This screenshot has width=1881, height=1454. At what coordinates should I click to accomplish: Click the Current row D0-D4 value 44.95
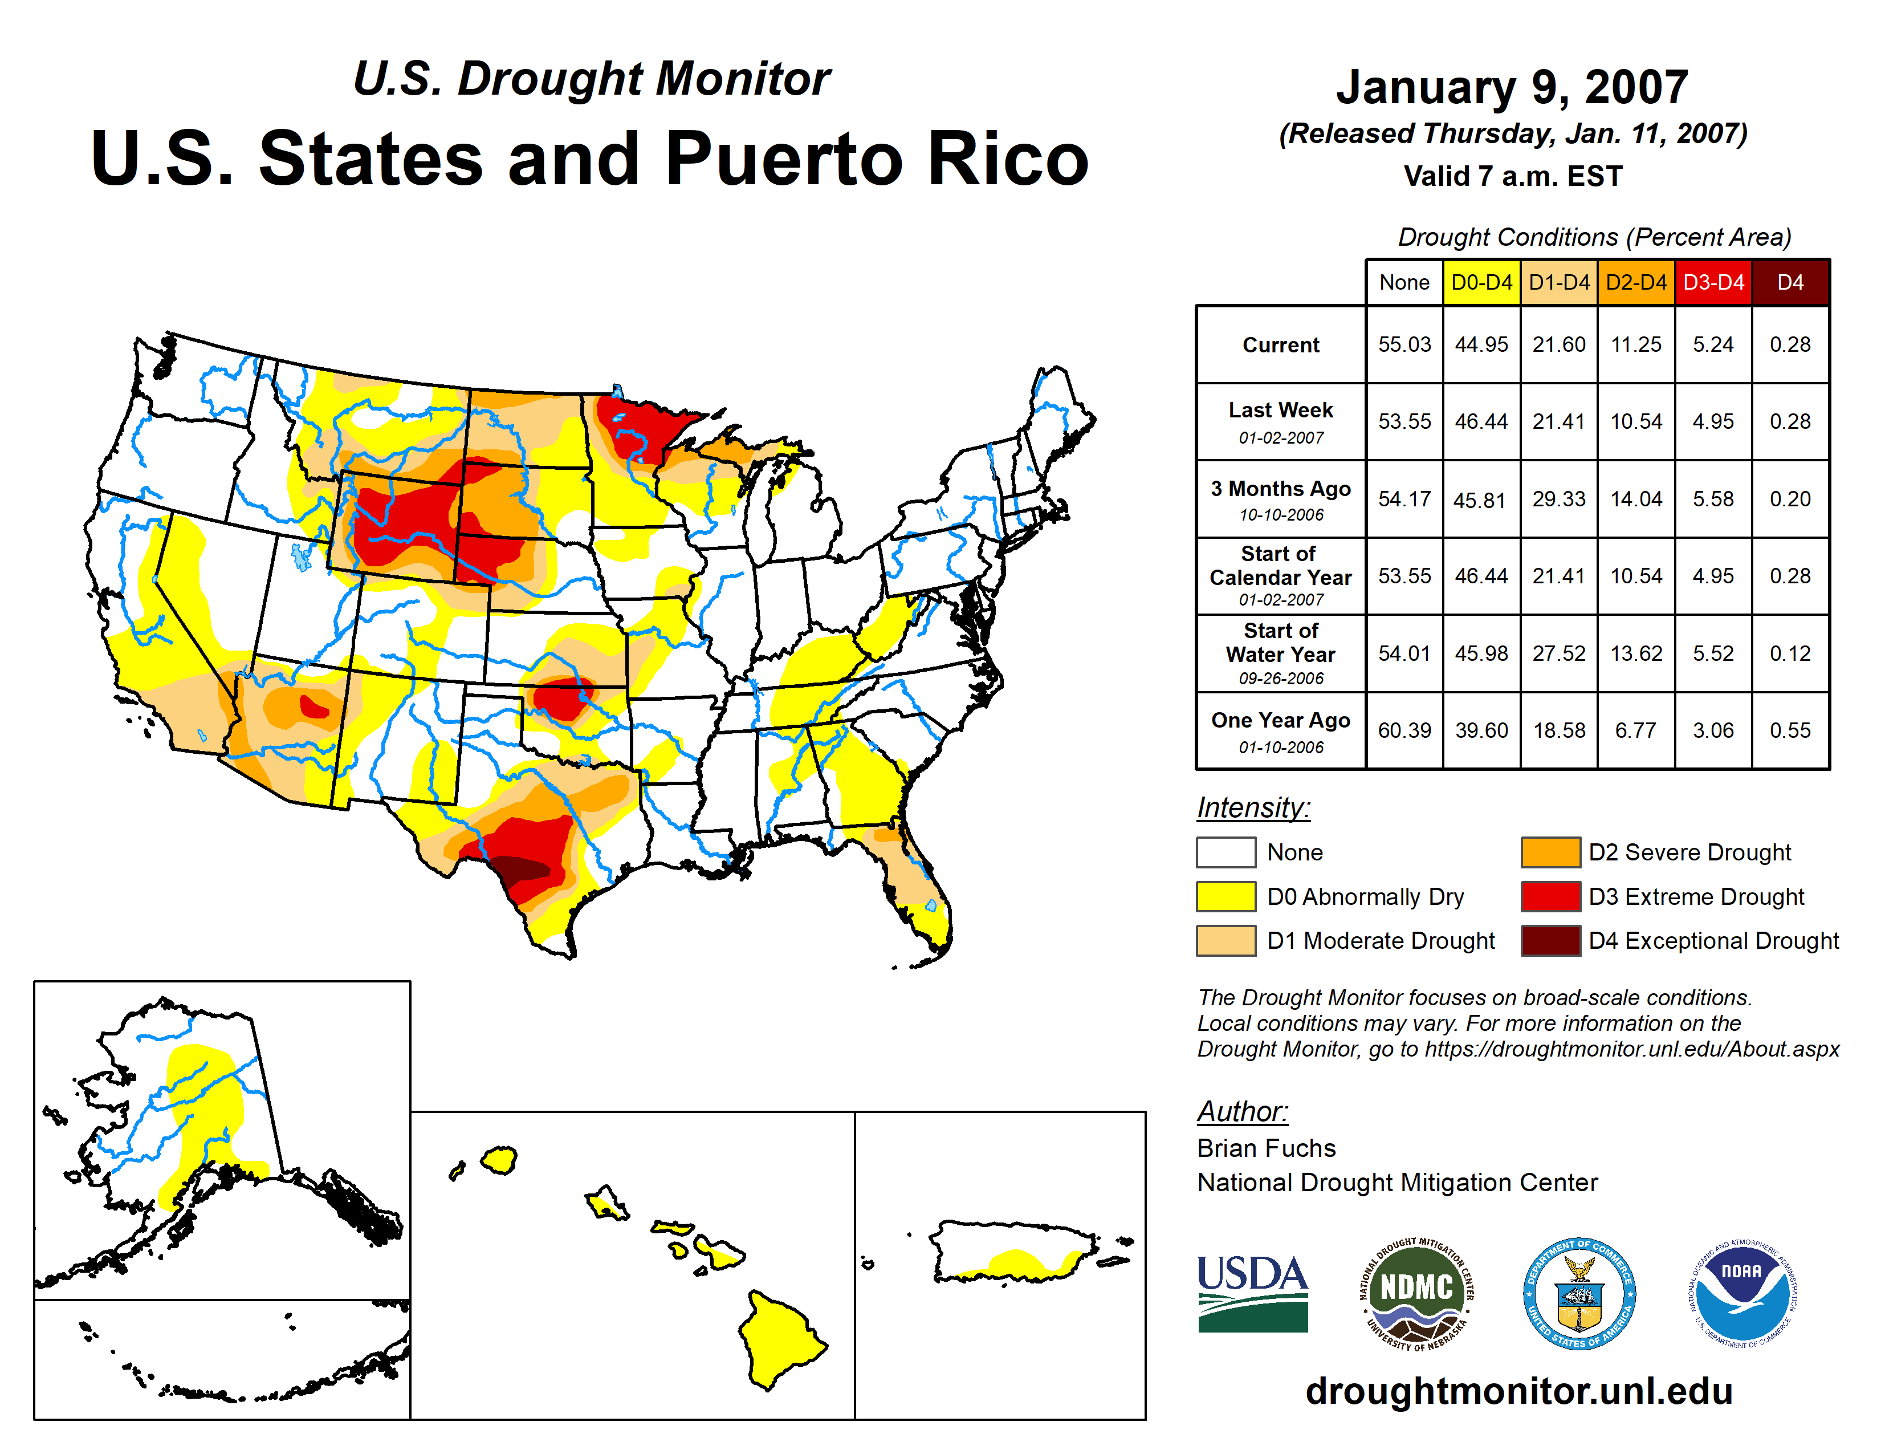(x=1481, y=344)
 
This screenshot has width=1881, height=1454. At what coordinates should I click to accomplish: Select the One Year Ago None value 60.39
(x=1404, y=730)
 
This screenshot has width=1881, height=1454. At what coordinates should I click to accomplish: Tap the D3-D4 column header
(x=1713, y=282)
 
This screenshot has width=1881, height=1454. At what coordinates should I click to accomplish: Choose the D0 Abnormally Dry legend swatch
(x=1225, y=897)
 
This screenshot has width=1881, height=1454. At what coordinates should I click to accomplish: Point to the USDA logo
(x=1252, y=1292)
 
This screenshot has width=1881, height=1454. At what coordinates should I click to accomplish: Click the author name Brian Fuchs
(x=1266, y=1148)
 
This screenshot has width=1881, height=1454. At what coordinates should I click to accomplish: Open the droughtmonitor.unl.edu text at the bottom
(x=1518, y=1391)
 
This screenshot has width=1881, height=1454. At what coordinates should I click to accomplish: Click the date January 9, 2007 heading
(x=1512, y=88)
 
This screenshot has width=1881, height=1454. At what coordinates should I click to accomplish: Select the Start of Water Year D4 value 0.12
(x=1790, y=654)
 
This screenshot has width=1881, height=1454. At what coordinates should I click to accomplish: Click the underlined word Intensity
(x=1253, y=808)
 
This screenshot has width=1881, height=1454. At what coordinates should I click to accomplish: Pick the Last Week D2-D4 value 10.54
(x=1635, y=422)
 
